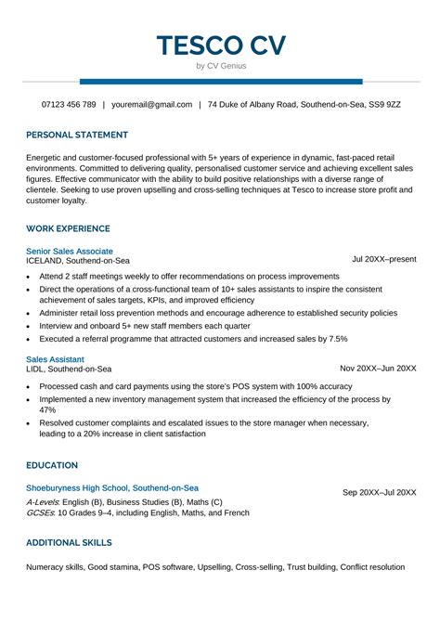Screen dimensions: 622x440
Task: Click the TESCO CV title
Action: point(221,45)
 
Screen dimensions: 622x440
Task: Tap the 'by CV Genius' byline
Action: point(221,66)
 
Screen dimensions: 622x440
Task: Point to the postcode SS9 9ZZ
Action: point(382,105)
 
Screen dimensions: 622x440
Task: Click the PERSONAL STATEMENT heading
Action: point(76,134)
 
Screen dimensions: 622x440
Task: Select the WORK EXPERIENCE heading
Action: point(68,228)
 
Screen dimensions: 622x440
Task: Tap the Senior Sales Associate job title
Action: point(70,252)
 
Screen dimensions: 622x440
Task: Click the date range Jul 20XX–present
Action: point(384,261)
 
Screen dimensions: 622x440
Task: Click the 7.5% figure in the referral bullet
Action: point(338,339)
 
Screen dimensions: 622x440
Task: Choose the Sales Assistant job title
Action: point(55,358)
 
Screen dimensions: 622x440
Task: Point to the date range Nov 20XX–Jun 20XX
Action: point(378,369)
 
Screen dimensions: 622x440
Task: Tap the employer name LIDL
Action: point(36,369)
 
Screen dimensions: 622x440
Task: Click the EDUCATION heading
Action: point(52,465)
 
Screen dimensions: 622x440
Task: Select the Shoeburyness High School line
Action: point(112,487)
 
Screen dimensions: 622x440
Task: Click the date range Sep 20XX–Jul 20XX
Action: point(380,492)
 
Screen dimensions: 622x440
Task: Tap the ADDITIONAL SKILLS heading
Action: point(69,542)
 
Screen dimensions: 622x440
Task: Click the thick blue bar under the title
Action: point(221,82)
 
